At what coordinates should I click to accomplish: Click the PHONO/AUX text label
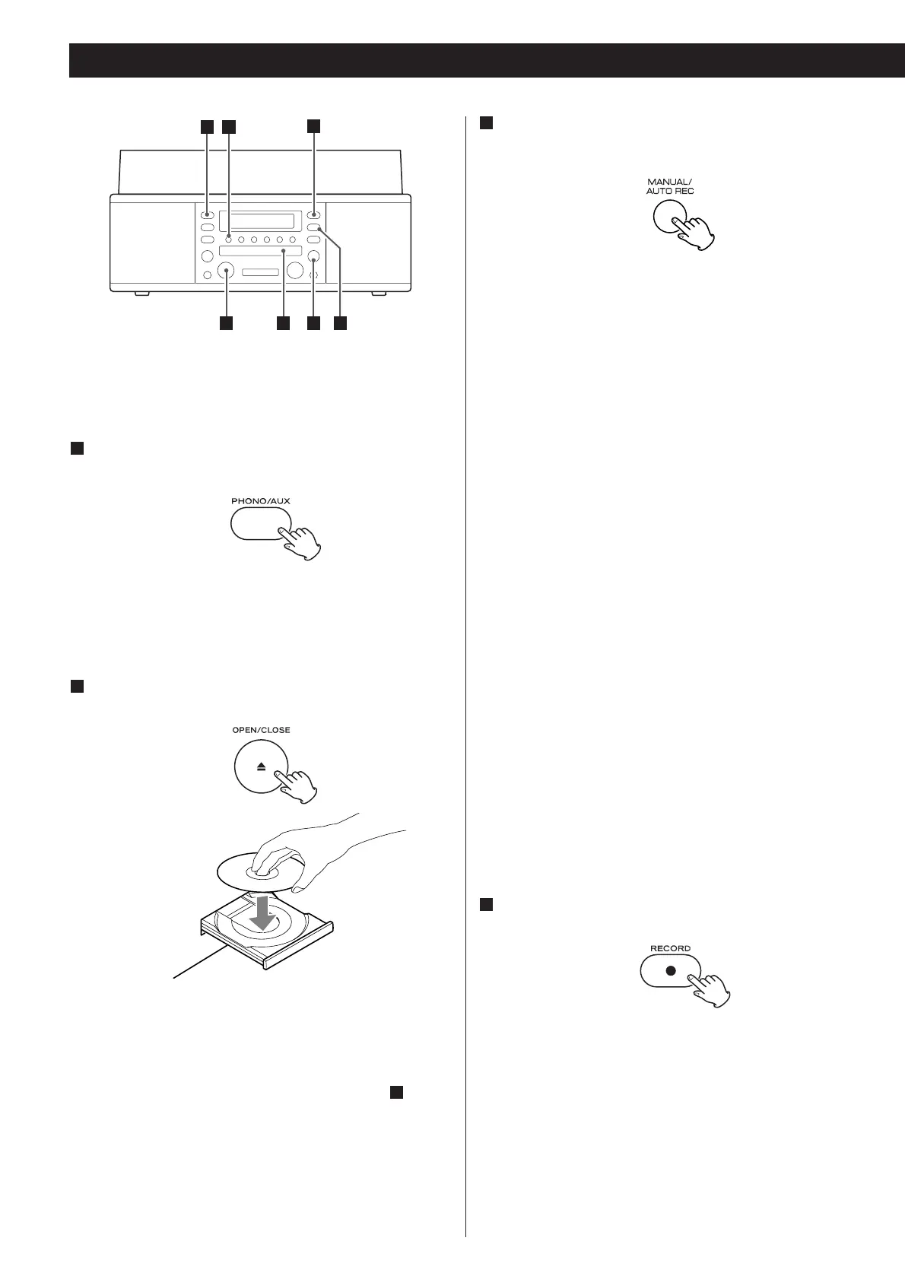[261, 501]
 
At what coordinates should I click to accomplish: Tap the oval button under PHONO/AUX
[254, 524]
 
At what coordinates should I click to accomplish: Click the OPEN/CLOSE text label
[261, 730]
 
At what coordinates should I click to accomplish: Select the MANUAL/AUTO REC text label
[670, 186]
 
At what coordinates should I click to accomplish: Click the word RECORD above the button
[670, 948]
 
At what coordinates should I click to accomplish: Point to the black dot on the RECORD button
[670, 971]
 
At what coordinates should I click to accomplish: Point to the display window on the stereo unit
[261, 221]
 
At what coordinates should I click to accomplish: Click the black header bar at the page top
[487, 60]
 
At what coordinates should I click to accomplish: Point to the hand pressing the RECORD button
[711, 989]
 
